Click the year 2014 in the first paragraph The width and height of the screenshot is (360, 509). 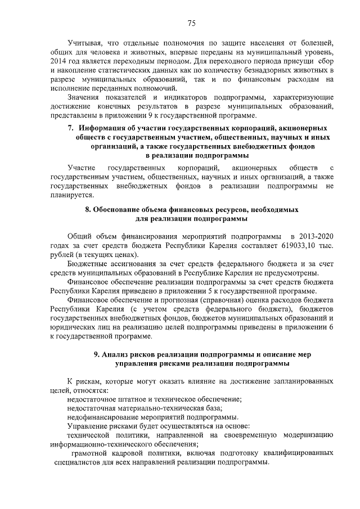(x=58, y=60)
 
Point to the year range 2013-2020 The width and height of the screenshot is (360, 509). (x=309, y=237)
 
